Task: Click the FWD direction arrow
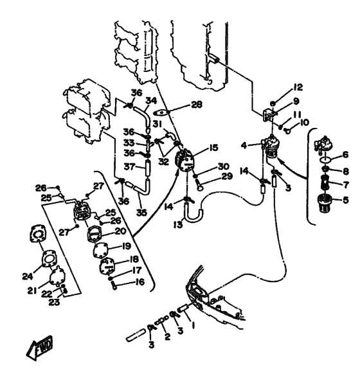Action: pyautogui.click(x=40, y=348)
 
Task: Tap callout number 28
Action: pyautogui.click(x=197, y=105)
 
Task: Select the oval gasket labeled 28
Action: pyautogui.click(x=161, y=112)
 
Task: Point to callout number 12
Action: pyautogui.click(x=298, y=87)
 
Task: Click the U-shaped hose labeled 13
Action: pyautogui.click(x=194, y=214)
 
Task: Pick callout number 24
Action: pyautogui.click(x=28, y=276)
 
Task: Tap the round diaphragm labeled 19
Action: pyautogui.click(x=101, y=250)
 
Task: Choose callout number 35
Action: pyautogui.click(x=141, y=213)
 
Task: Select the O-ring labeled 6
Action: pyautogui.click(x=326, y=159)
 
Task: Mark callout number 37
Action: pyautogui.click(x=129, y=166)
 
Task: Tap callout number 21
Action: pyautogui.click(x=32, y=291)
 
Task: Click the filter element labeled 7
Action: pyautogui.click(x=324, y=184)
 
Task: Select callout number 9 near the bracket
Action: pyautogui.click(x=296, y=101)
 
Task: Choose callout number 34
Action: pyautogui.click(x=151, y=100)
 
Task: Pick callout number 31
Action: pyautogui.click(x=157, y=124)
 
